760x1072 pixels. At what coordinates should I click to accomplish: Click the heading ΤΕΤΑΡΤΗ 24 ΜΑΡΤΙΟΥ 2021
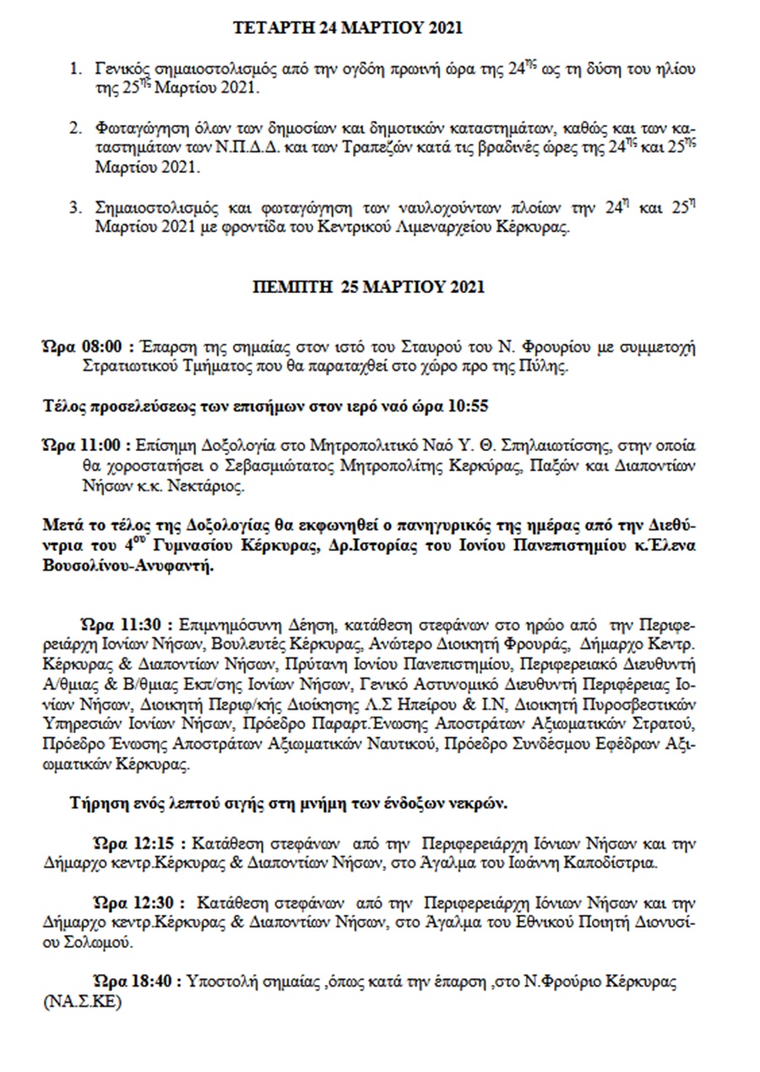click(x=348, y=28)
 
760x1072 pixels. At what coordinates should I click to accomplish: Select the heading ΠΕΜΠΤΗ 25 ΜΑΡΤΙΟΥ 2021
click(x=369, y=286)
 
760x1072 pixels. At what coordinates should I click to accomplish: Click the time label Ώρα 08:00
click(x=84, y=347)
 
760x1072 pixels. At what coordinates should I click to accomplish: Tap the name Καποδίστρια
click(x=608, y=862)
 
